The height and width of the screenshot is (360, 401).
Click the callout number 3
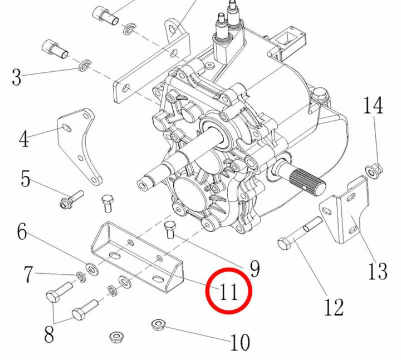16,77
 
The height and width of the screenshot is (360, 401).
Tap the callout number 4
23,139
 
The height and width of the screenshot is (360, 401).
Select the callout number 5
25,179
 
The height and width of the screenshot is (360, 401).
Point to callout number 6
22,231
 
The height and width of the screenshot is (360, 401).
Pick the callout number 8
49,334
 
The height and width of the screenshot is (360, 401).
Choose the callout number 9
254,269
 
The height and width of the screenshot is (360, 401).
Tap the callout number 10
240,342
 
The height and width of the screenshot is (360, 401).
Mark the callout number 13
377,272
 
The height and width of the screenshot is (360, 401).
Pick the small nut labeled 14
372,168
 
